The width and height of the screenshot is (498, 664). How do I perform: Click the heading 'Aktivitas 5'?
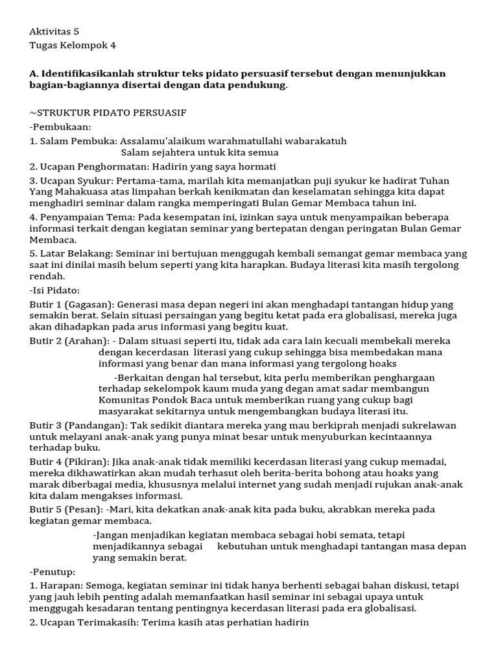pyautogui.click(x=54, y=31)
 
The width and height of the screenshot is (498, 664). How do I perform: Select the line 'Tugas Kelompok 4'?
pyautogui.click(x=73, y=45)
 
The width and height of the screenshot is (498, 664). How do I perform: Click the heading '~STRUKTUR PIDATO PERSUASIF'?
pyautogui.click(x=108, y=112)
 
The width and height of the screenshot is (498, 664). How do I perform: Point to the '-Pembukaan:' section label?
pyautogui.click(x=60, y=126)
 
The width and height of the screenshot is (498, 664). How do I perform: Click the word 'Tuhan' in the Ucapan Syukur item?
pyautogui.click(x=435, y=180)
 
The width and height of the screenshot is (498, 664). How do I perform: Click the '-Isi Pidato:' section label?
pyautogui.click(x=54, y=290)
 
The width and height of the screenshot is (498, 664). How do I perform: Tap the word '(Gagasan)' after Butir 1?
pyautogui.click(x=89, y=304)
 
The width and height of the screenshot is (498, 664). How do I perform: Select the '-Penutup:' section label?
pyautogui.click(x=53, y=572)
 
